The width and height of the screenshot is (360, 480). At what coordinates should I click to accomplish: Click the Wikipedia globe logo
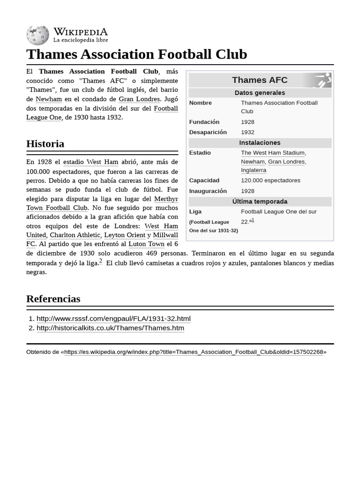click(x=37, y=35)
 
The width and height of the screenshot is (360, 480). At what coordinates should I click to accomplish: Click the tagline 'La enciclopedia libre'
click(x=80, y=40)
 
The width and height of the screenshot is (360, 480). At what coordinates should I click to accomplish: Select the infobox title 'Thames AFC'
click(x=260, y=80)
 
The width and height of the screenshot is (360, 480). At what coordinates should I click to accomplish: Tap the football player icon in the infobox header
click(x=322, y=80)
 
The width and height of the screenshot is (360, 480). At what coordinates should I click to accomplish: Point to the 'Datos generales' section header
click(x=260, y=93)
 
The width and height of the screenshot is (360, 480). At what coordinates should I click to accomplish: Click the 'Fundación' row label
click(x=204, y=122)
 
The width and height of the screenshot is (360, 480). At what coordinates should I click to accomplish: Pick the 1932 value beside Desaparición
click(x=247, y=132)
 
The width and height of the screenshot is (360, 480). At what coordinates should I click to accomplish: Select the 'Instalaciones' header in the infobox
click(x=260, y=142)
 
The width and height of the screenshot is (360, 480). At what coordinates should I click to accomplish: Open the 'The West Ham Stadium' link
click(x=272, y=153)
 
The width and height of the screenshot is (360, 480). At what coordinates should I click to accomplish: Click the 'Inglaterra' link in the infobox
click(x=254, y=170)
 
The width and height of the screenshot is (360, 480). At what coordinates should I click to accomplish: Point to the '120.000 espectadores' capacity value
click(x=270, y=180)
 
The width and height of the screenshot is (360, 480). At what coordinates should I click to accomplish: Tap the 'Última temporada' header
click(x=260, y=202)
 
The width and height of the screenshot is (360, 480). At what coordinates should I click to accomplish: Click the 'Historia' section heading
click(x=45, y=143)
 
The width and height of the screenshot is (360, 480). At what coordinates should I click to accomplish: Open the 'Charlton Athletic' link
click(x=75, y=235)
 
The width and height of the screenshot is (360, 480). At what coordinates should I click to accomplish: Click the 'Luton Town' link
click(x=146, y=244)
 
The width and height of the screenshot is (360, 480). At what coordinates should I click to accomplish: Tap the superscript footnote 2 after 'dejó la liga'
click(x=101, y=261)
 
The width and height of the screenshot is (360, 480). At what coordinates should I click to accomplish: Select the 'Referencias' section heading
click(x=53, y=299)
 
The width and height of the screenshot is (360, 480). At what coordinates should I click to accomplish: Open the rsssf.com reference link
click(x=113, y=319)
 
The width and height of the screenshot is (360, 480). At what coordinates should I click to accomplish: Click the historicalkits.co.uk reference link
click(x=110, y=328)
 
